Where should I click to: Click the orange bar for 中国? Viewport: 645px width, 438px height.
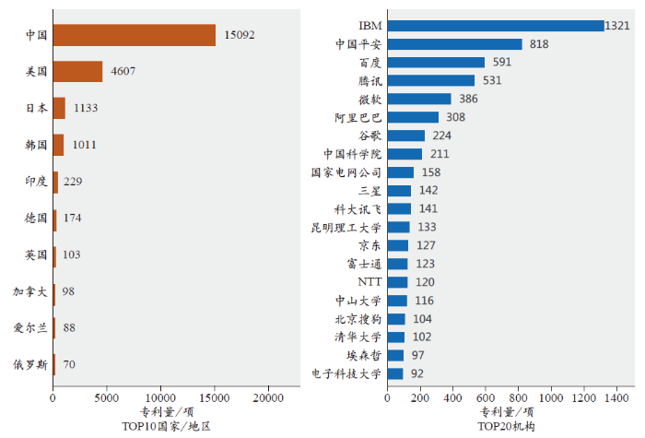[134, 35]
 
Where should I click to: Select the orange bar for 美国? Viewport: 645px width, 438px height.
[77, 71]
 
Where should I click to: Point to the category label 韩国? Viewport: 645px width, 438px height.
[37, 145]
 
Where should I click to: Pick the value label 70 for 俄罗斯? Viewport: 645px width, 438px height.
[69, 364]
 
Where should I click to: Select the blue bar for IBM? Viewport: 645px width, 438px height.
[496, 26]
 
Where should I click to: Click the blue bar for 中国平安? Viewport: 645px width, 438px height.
[454, 43]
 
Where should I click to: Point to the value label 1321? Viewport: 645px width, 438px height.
[617, 26]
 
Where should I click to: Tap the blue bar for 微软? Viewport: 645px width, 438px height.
[419, 99]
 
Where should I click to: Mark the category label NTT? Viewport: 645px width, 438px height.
[369, 281]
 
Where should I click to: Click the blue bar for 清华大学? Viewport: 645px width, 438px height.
[396, 337]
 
